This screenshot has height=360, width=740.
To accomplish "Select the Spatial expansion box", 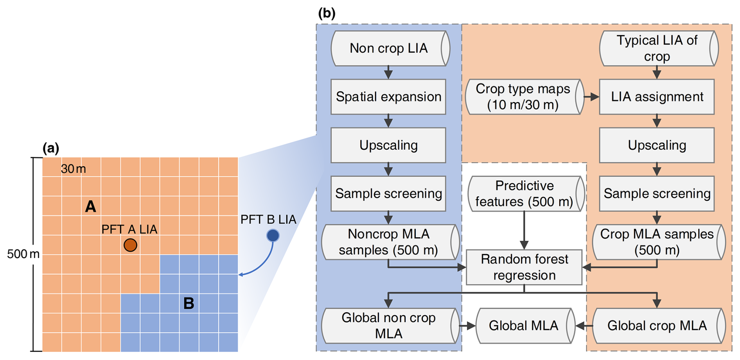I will coord(388,97).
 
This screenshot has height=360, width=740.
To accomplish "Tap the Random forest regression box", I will coord(524,267).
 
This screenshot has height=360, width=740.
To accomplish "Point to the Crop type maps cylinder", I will coord(523,97).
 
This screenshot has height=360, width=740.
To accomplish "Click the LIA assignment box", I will coord(657,97).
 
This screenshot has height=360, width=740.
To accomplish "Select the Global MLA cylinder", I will coord(524,326).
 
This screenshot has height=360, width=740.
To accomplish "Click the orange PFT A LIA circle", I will coord(130,245).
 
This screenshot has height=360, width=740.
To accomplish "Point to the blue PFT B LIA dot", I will coord(273,235).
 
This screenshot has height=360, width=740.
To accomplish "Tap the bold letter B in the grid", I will coord(189,303).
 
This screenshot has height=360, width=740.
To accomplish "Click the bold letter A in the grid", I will coord(90,206).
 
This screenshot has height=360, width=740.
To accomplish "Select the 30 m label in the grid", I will coord(74,169).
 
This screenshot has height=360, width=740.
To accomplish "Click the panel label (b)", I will coord(327,14).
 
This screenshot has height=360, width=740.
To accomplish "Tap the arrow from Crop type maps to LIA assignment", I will coord(591,97).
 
